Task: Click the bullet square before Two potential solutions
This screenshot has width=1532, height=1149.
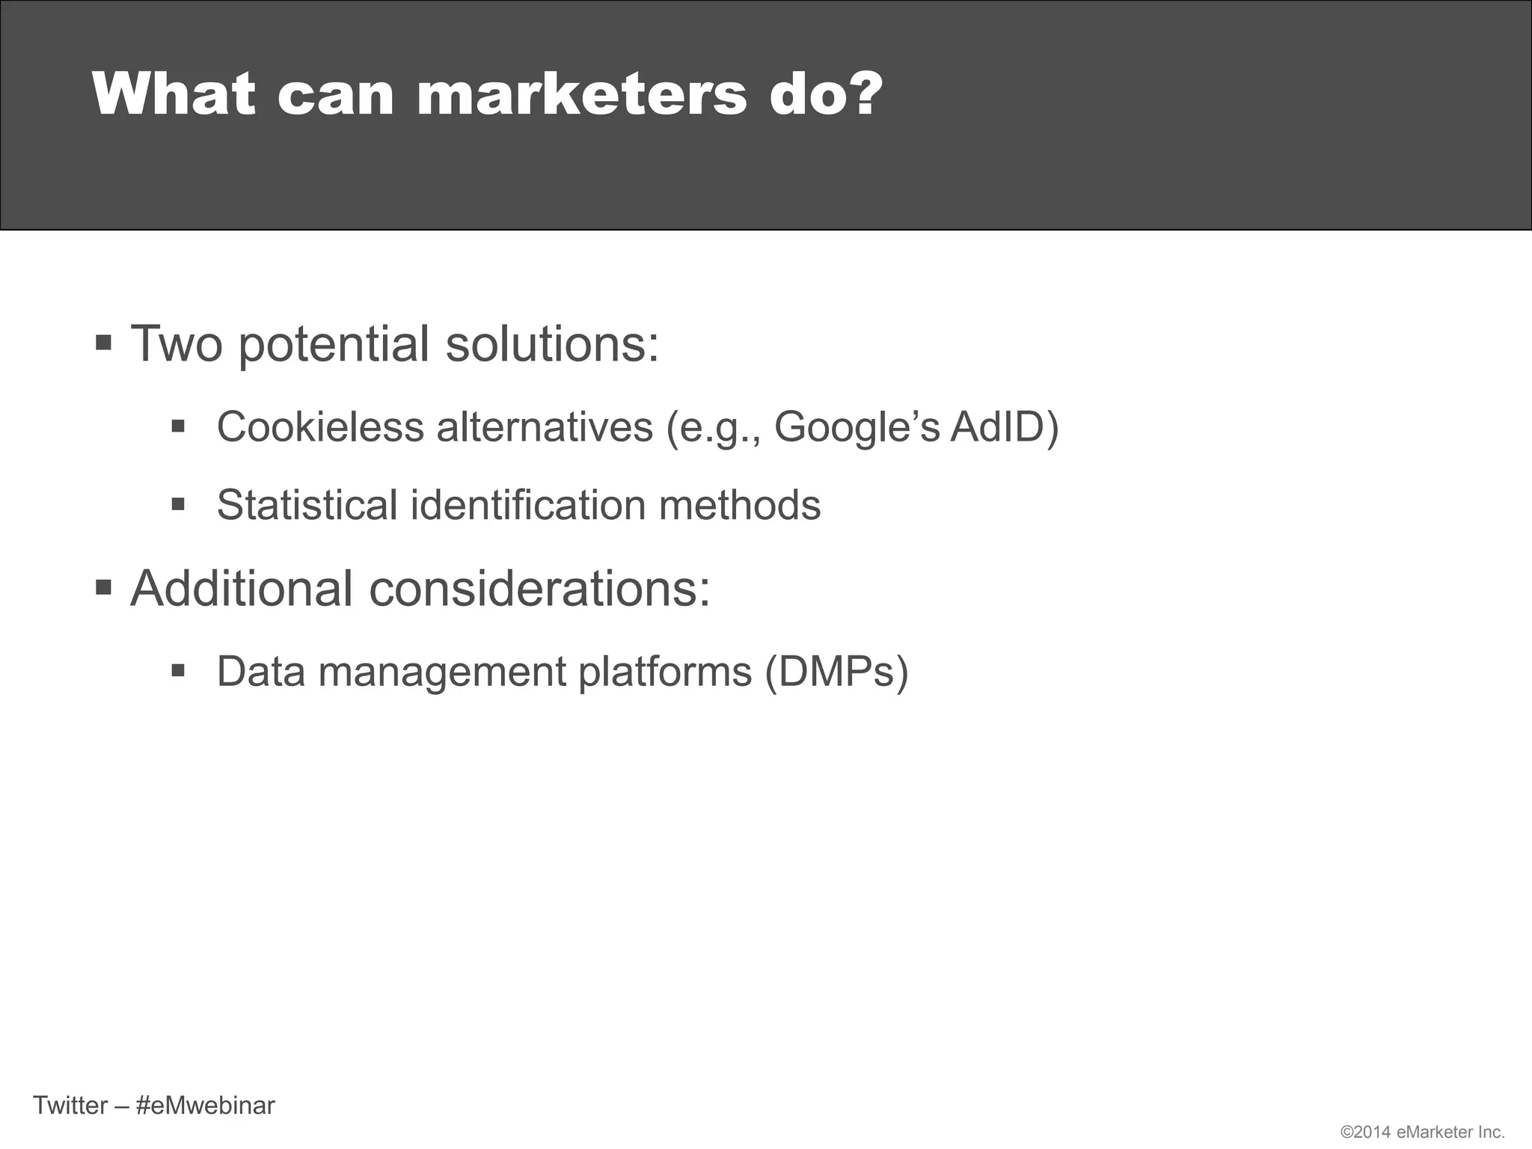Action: click(104, 344)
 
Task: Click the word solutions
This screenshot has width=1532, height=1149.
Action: click(552, 344)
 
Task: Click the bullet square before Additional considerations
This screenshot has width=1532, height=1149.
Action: click(104, 587)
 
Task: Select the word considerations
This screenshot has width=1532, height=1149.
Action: click(539, 589)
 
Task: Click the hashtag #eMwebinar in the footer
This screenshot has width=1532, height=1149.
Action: click(206, 1105)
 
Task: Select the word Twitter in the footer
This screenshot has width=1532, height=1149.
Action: click(70, 1105)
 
